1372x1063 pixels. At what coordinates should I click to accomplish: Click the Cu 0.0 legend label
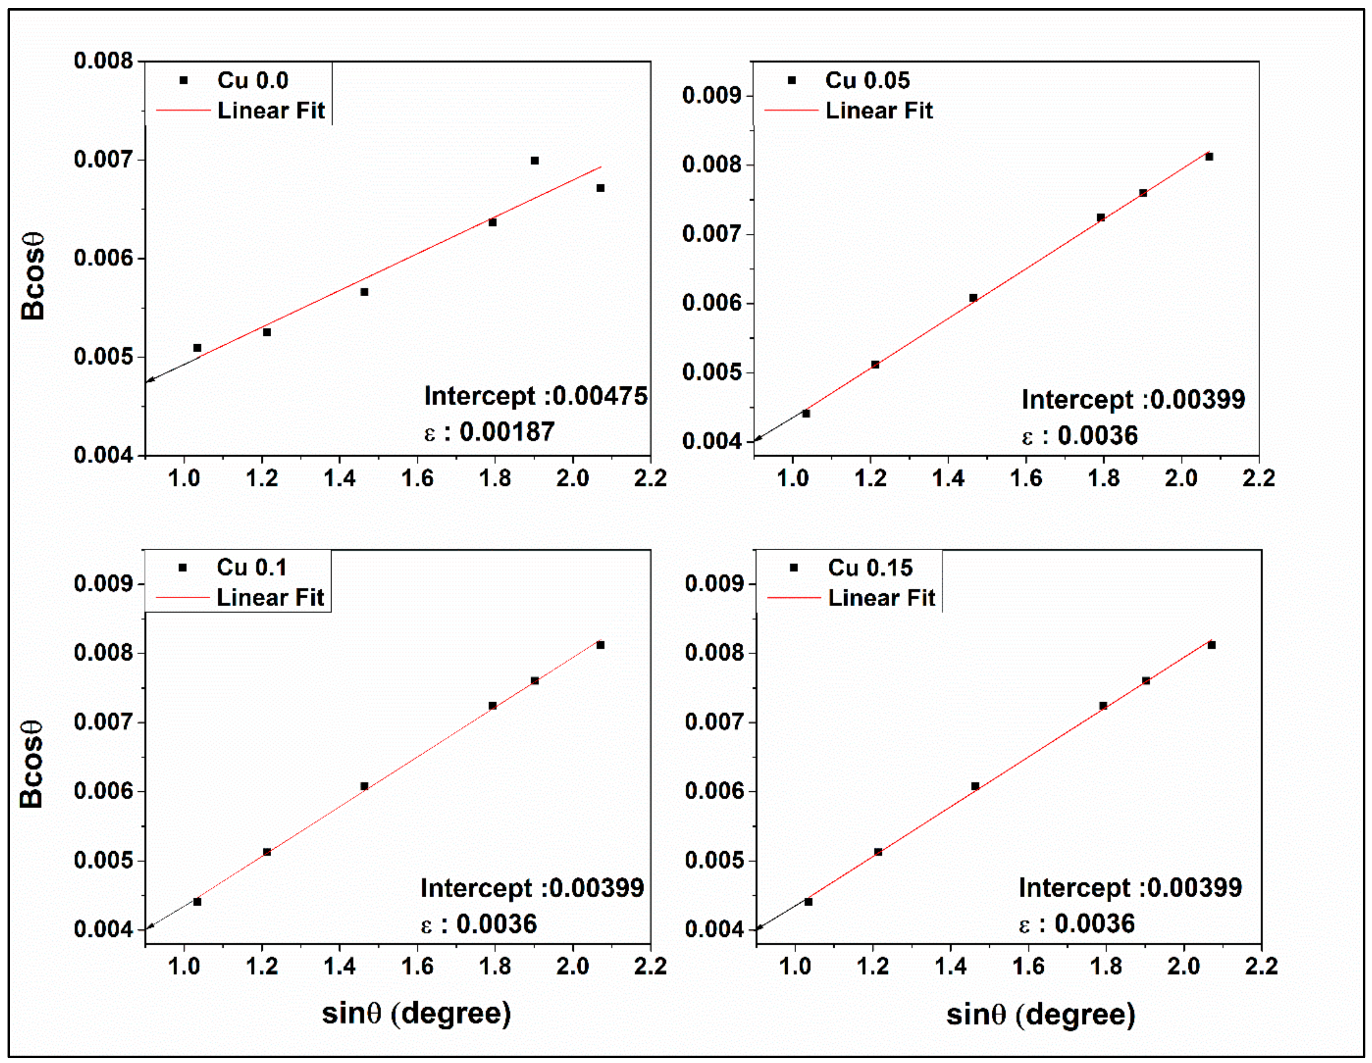click(x=253, y=81)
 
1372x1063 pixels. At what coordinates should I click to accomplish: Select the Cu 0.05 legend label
click(x=867, y=81)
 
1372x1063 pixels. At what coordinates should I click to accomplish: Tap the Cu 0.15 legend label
click(x=870, y=568)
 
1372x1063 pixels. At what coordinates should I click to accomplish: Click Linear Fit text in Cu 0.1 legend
click(x=270, y=598)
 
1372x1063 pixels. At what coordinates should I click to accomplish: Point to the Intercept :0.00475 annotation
click(x=535, y=396)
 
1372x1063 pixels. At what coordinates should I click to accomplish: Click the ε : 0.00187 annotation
click(x=489, y=432)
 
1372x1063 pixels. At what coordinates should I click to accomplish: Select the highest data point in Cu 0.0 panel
click(x=535, y=161)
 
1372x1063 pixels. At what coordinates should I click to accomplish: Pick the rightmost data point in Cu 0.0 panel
click(x=600, y=188)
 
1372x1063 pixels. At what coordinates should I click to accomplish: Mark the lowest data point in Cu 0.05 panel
click(x=806, y=414)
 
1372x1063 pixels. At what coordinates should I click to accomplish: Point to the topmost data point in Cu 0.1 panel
click(x=600, y=645)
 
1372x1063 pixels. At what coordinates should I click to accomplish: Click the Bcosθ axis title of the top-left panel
click(x=33, y=276)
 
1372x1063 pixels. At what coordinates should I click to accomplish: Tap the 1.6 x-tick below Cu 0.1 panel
click(x=417, y=966)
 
